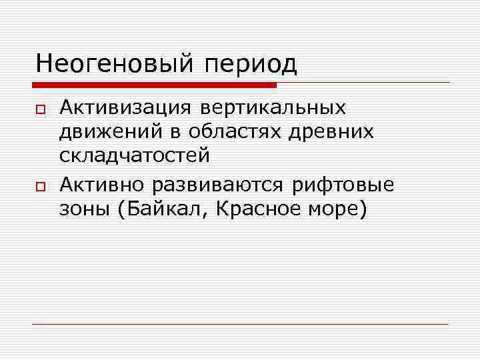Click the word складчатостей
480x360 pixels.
click(135, 156)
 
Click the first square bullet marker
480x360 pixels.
click(40, 109)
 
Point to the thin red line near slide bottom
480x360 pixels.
click(240, 325)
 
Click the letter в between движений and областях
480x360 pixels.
click(175, 132)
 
